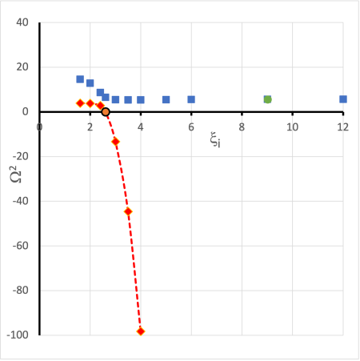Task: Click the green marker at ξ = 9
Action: coord(267,99)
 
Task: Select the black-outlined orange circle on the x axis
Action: coord(106,112)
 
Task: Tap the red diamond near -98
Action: coord(141,331)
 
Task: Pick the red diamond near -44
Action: coord(128,211)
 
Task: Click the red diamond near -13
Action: coord(115,142)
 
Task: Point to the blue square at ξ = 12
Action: coord(343,99)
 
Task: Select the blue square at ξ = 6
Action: coord(191,99)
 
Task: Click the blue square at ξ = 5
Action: coord(166,100)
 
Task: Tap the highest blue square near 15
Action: coord(80,79)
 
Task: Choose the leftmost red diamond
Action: coord(80,103)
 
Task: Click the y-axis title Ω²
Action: coord(17,173)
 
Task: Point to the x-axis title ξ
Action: coord(215,142)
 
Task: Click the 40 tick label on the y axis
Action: coord(22,22)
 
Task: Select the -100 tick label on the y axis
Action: coord(18,335)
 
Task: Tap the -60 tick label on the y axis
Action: coord(21,246)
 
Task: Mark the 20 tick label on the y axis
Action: coord(22,67)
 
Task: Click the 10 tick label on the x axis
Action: coord(292,126)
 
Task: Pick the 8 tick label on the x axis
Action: coord(242,126)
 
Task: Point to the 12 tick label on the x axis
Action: coord(342,126)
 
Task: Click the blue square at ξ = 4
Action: coord(141,100)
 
